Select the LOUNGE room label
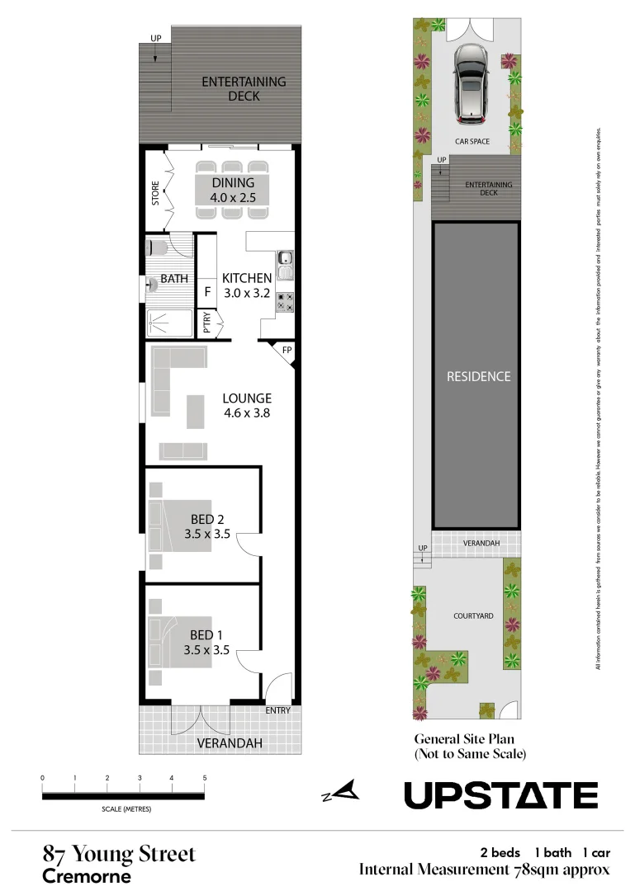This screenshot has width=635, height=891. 247,398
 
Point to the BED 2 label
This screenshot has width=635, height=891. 207,519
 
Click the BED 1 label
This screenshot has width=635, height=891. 207,635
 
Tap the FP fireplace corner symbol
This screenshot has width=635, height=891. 286,350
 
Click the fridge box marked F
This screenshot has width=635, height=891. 207,291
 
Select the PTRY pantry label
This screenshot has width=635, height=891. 206,323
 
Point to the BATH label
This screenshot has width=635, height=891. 174,279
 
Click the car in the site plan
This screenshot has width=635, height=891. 470,82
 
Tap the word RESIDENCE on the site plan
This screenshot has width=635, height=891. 479,376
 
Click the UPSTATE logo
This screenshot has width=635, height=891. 500,795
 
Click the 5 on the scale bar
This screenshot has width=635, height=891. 204,778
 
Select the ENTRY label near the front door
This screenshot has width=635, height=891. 277,710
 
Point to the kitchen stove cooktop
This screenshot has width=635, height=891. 286,302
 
